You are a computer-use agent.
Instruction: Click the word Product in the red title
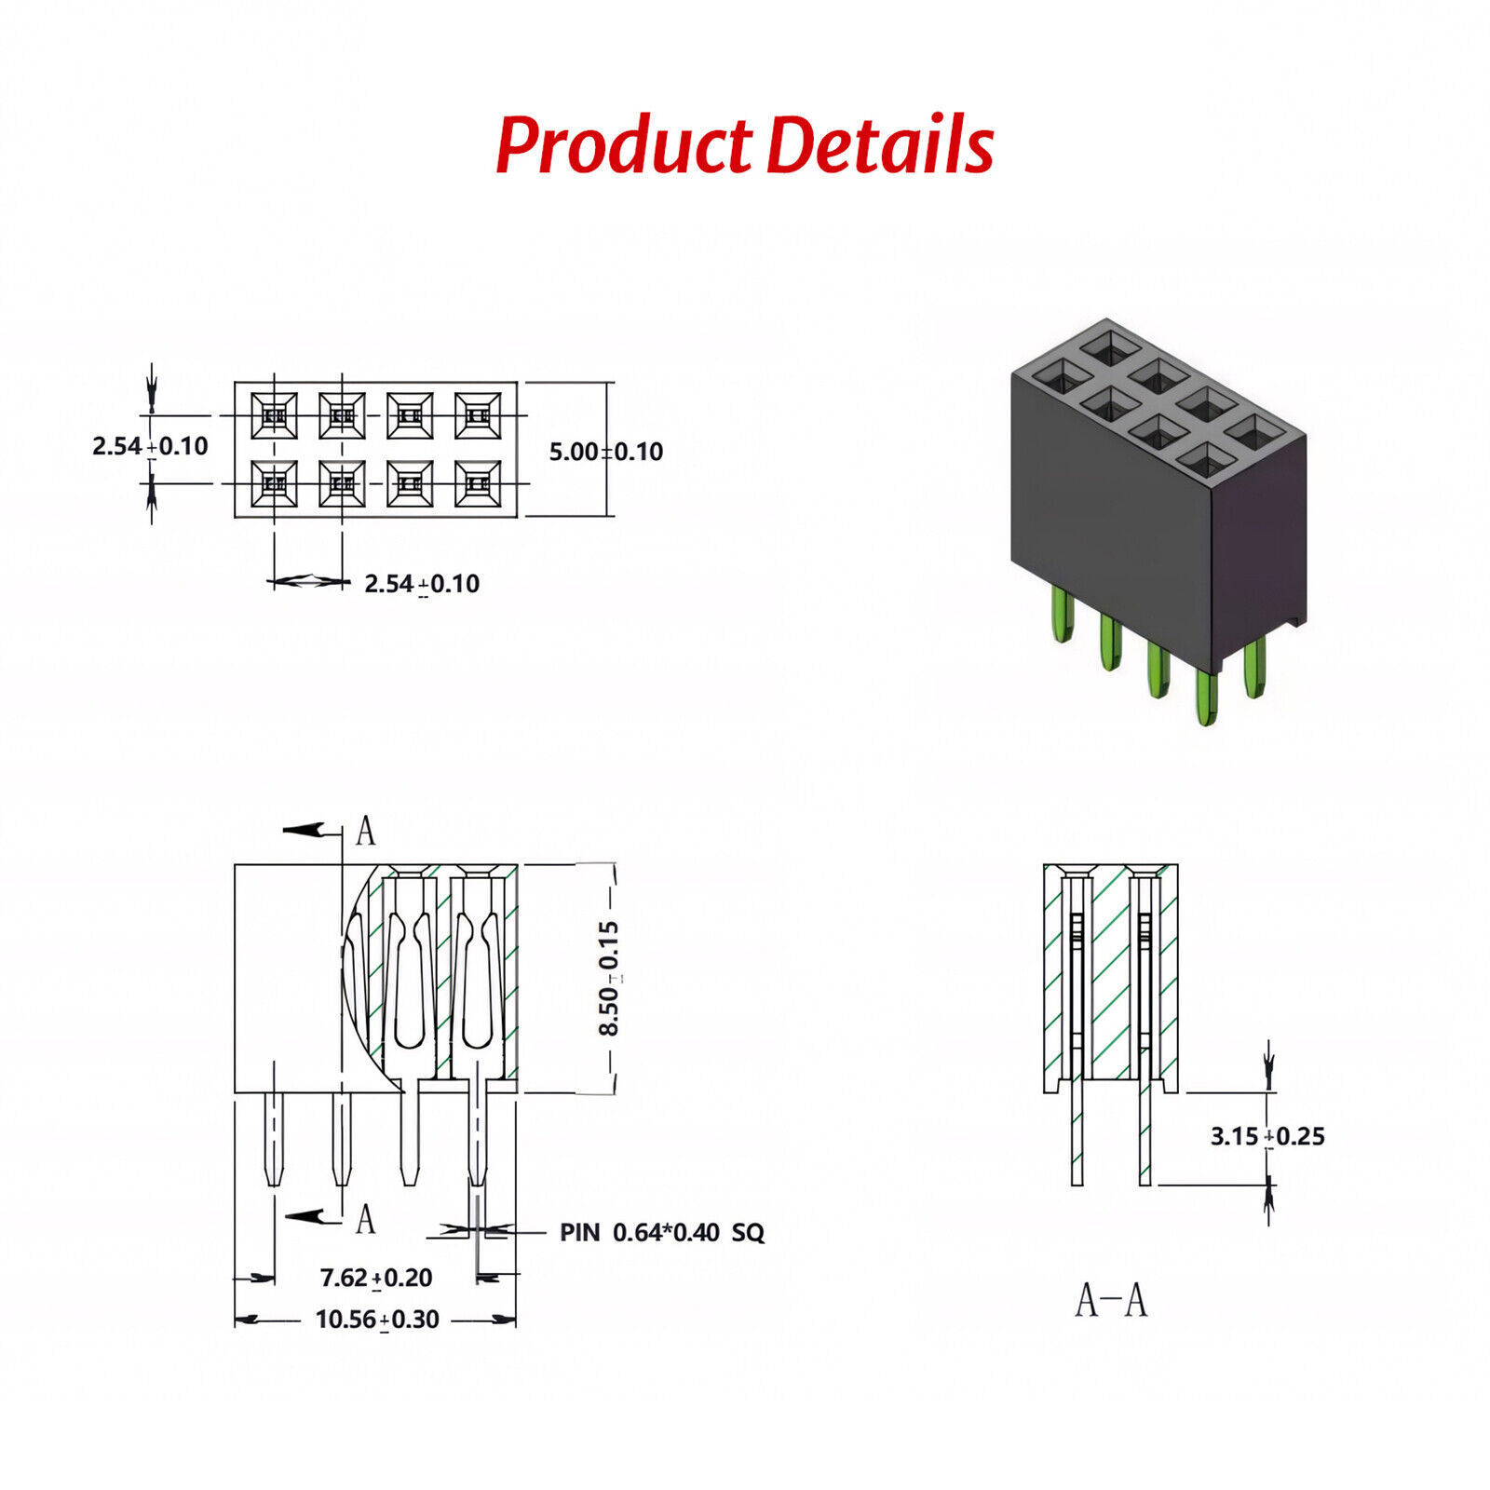pos(622,145)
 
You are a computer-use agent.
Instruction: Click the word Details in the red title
pos(882,145)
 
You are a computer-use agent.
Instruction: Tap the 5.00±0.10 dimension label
pos(605,452)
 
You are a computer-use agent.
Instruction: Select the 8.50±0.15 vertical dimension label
pos(609,978)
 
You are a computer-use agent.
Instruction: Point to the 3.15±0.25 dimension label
pos(1267,1136)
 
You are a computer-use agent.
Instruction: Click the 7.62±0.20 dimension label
pos(376,1278)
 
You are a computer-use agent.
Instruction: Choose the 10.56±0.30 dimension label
pos(377,1320)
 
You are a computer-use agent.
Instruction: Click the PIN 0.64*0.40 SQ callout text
pos(661,1233)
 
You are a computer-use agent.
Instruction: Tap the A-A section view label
pos(1111,1300)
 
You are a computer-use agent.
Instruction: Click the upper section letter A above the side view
pos(366,831)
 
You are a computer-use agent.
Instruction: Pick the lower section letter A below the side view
pos(366,1218)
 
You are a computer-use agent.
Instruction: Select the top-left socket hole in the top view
pos(274,415)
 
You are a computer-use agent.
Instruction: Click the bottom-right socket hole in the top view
pos(478,483)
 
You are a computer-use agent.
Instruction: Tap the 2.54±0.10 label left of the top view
pos(150,446)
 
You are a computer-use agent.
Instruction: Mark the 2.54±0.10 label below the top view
pos(421,584)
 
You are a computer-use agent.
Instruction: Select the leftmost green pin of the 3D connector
pos(1063,615)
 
